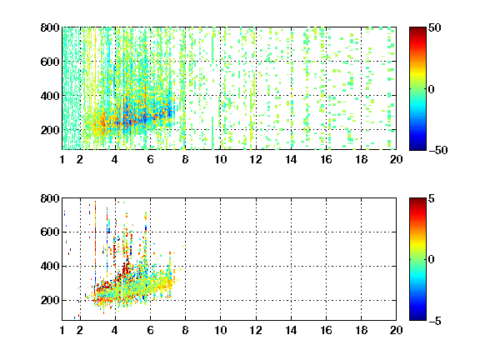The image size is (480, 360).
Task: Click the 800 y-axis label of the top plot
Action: pyautogui.click(x=50, y=27)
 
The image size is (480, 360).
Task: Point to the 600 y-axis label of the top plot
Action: pyautogui.click(x=50, y=62)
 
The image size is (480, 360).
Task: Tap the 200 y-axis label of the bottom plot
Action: pyautogui.click(x=50, y=300)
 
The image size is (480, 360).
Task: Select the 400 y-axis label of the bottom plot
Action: pyautogui.click(x=50, y=266)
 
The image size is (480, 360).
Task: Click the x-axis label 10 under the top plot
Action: pyautogui.click(x=220, y=159)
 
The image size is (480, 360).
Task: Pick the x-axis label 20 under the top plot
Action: pyautogui.click(x=396, y=159)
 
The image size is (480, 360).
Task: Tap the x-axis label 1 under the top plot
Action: pyautogui.click(x=62, y=159)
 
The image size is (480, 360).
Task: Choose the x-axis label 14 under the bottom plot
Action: pyautogui.click(x=291, y=330)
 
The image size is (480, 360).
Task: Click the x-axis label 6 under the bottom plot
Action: pyautogui.click(x=150, y=330)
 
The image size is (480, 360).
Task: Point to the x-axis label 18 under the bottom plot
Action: pyautogui.click(x=361, y=330)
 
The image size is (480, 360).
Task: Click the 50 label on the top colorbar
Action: pyautogui.click(x=435, y=27)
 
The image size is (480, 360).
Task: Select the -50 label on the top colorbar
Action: pyautogui.click(x=438, y=150)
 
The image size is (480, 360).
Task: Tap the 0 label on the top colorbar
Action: pyautogui.click(x=432, y=89)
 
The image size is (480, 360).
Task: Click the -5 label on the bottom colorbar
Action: pyautogui.click(x=435, y=321)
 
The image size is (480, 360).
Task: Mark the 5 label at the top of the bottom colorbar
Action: pyautogui.click(x=432, y=198)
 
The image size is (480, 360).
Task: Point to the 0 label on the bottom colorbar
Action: pyautogui.click(x=432, y=260)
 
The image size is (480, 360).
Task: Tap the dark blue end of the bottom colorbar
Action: pyautogui.click(x=417, y=318)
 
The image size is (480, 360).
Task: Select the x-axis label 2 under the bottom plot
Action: pyautogui.click(x=80, y=330)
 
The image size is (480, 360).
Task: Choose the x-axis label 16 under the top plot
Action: pyautogui.click(x=327, y=159)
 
